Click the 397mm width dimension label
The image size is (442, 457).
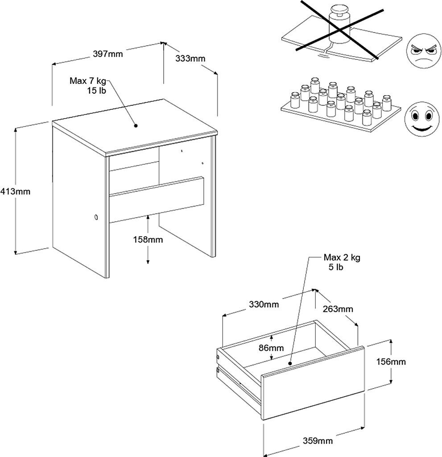point(108,54)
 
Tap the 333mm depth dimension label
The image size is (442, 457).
point(190,58)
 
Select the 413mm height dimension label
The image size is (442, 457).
point(15,191)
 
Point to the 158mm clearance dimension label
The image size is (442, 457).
point(148,240)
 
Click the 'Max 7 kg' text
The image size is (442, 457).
point(88,81)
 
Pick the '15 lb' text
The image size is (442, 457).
point(96,91)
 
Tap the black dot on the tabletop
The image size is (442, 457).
point(136,126)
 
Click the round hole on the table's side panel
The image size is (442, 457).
point(96,217)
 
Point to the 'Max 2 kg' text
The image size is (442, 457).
point(342,258)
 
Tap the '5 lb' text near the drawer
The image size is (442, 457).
point(336,267)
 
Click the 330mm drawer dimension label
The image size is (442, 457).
point(264,304)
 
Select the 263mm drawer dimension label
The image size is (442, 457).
point(338,309)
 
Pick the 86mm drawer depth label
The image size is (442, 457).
point(271,348)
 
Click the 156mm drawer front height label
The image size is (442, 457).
point(391,361)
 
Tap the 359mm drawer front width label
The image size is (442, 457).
point(318,440)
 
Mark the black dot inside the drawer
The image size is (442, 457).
point(290,363)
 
